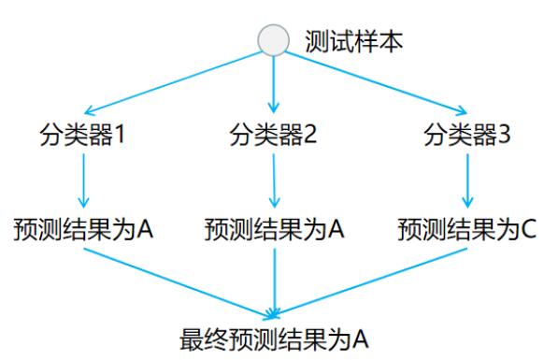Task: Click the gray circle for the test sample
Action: point(274,40)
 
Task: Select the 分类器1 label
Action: point(85,136)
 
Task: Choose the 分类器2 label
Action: point(274,136)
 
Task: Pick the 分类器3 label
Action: point(467,136)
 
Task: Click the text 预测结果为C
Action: point(467,229)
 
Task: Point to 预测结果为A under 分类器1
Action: point(84,229)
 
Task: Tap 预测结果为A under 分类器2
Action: point(274,229)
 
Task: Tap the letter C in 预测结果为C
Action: point(527,229)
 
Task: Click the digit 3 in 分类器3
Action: point(505,136)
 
